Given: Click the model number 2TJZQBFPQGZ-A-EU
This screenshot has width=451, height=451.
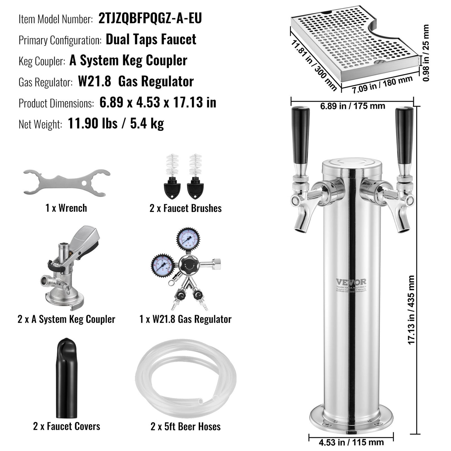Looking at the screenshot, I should (x=150, y=18).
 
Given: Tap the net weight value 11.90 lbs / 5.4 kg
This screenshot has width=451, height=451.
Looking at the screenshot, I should (x=116, y=124).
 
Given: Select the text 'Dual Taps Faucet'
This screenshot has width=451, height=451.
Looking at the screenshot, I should (x=151, y=39).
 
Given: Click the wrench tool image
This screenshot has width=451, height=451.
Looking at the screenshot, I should (x=66, y=183).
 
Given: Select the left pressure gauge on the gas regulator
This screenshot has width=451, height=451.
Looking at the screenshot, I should (x=162, y=265).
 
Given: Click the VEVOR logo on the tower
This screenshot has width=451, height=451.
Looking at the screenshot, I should (x=351, y=282).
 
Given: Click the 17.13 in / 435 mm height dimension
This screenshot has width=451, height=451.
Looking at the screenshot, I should (x=411, y=310).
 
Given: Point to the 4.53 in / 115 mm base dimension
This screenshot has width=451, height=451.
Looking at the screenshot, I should (x=351, y=442).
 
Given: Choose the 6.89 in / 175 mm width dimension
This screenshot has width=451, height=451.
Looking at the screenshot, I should (x=353, y=106).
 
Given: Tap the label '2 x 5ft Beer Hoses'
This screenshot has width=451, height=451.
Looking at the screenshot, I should (x=185, y=426).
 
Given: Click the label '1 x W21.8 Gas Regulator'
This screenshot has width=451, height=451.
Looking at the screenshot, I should (x=185, y=319).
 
